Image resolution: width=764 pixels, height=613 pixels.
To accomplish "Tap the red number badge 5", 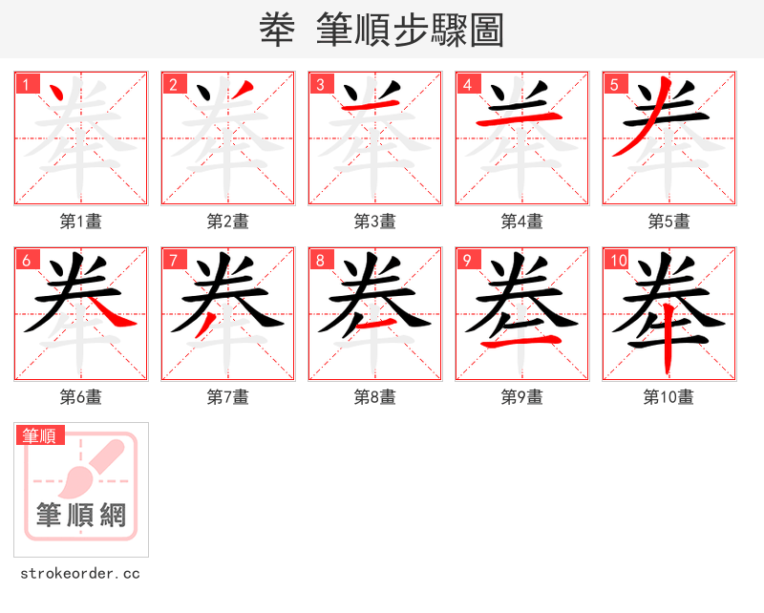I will [615, 84].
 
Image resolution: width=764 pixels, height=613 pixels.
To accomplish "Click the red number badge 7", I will [174, 260].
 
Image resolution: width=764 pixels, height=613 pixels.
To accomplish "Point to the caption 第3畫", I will [374, 222].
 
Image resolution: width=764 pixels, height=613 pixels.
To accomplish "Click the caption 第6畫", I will [80, 397].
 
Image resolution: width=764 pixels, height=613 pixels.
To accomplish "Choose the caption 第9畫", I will [521, 397].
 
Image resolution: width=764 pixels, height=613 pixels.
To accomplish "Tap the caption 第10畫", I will [668, 397].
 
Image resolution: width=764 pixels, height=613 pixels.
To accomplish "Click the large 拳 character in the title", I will [276, 31].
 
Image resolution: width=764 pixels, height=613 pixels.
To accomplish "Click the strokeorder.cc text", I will [80, 574].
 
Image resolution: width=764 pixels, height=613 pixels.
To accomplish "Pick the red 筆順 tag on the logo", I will [41, 436].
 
